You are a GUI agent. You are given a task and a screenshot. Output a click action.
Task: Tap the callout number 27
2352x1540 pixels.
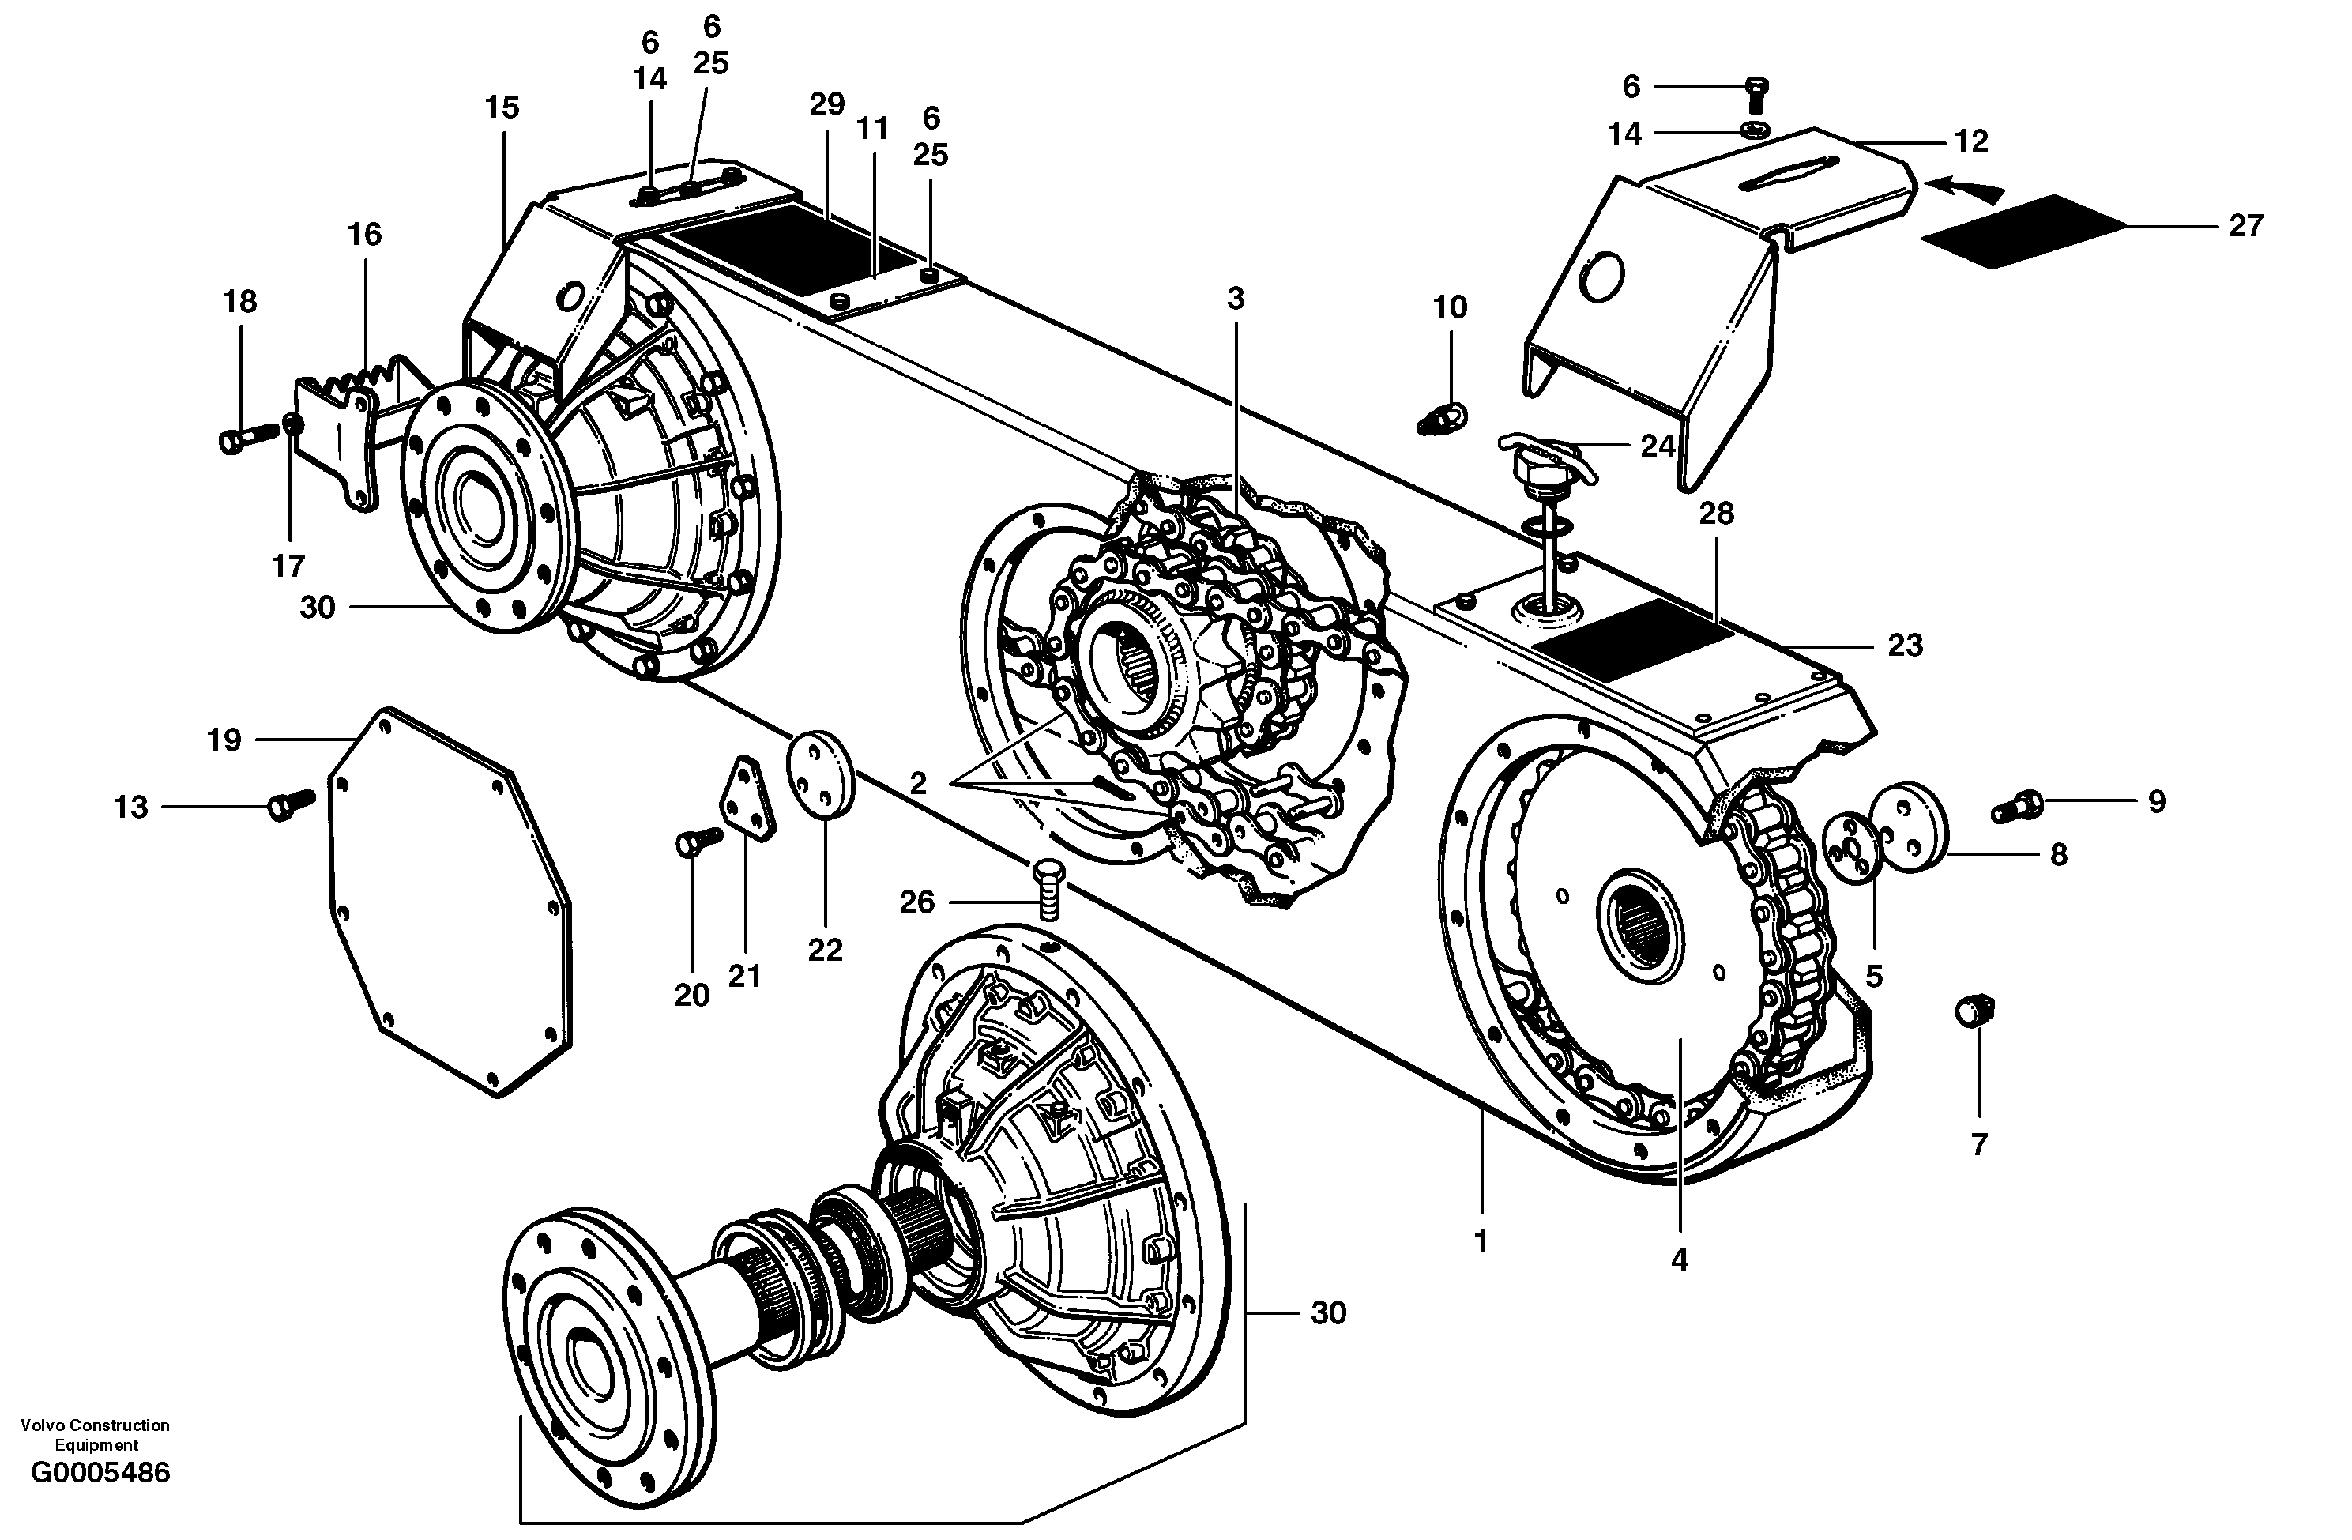pyautogui.click(x=2245, y=226)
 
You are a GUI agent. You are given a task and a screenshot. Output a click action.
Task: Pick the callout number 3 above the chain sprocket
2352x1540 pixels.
pyautogui.click(x=1236, y=299)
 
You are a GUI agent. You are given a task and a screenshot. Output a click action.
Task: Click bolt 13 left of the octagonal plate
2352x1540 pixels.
pyautogui.click(x=291, y=804)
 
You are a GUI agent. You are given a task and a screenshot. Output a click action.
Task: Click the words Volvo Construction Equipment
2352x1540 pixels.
pyautogui.click(x=95, y=1434)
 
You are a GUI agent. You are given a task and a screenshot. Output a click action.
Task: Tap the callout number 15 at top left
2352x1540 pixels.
pyautogui.click(x=502, y=107)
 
